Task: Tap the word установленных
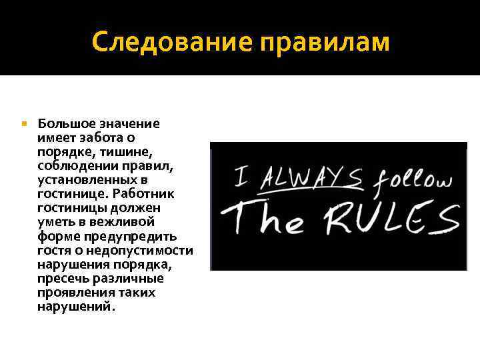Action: coord(85,180)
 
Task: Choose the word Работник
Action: coord(143,194)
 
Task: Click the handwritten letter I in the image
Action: coord(244,177)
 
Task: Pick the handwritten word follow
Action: coord(412,181)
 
